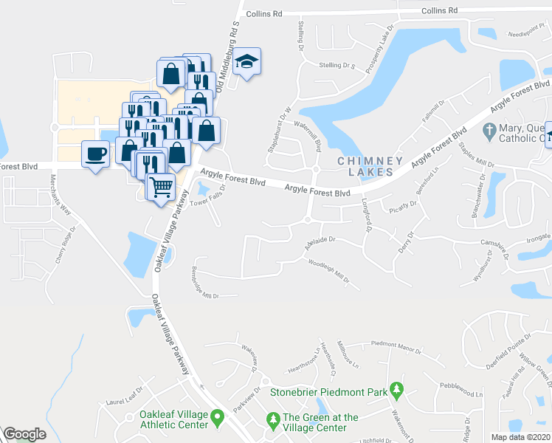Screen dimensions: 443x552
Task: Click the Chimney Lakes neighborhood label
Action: (x=370, y=166)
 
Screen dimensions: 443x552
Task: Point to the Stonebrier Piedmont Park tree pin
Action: (x=396, y=389)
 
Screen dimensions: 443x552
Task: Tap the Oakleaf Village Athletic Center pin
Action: (x=218, y=419)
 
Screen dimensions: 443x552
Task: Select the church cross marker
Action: (x=487, y=131)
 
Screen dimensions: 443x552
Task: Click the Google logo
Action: (x=24, y=434)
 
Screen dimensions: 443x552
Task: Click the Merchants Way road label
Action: (x=61, y=195)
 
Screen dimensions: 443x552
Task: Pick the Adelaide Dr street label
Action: (x=320, y=243)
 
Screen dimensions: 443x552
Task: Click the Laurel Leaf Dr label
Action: (x=124, y=397)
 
